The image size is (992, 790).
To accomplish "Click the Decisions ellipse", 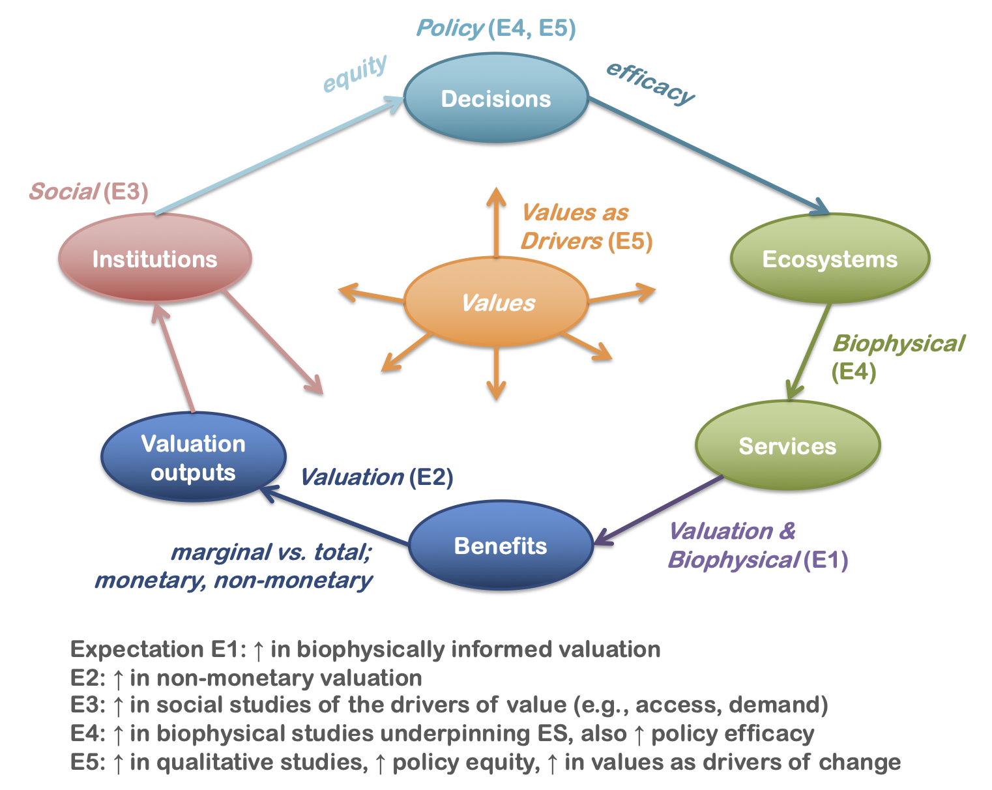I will pos(496,99).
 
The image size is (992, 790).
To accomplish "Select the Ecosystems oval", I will pos(830,259).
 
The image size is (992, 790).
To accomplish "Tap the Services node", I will pos(787,446).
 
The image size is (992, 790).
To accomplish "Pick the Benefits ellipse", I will pos(501,546).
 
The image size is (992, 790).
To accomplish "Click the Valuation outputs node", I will pos(194,458).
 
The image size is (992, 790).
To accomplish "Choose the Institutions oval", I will pos(154,259).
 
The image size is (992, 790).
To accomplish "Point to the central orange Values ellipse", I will pos(497,302).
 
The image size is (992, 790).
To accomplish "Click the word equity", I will pos(355,73).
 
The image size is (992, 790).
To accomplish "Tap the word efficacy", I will pos(650,83).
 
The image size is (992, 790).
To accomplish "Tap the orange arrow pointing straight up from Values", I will pos(496,222).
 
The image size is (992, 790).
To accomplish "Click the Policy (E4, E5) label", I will pos(496,28).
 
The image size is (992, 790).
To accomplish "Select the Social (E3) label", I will pos(89,192).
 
